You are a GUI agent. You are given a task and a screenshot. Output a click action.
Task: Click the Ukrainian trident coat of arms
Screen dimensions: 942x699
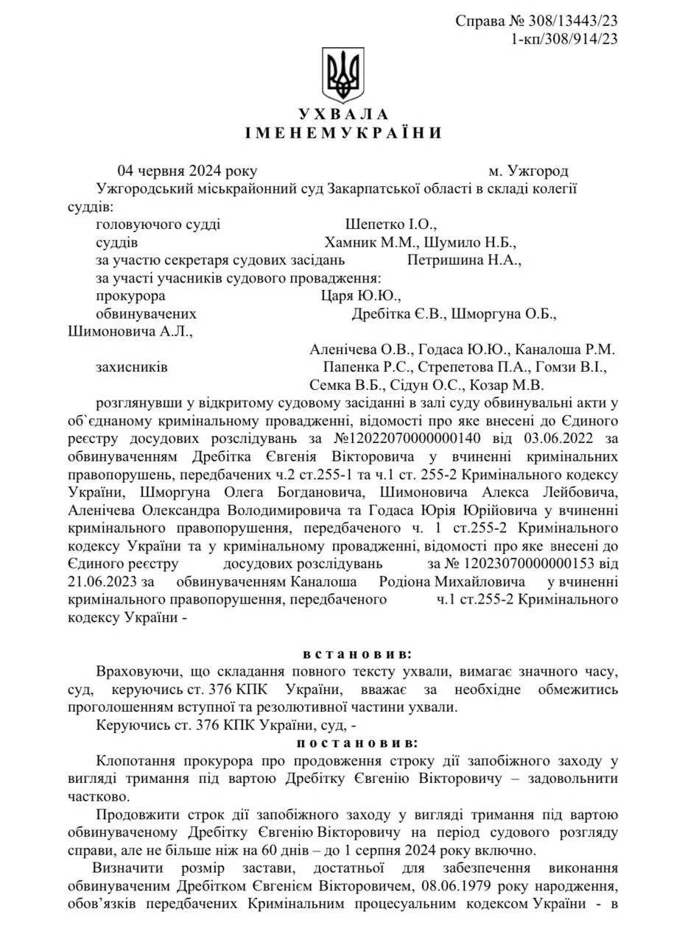point(343,75)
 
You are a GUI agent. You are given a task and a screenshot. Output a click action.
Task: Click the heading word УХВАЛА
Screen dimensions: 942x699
point(343,114)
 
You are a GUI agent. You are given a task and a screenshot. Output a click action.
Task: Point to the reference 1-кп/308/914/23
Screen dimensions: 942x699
point(564,39)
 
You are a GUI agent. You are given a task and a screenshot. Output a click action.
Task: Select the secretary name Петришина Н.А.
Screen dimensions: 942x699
point(464,260)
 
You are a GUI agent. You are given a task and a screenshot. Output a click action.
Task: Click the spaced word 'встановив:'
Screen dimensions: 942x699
point(357,653)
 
